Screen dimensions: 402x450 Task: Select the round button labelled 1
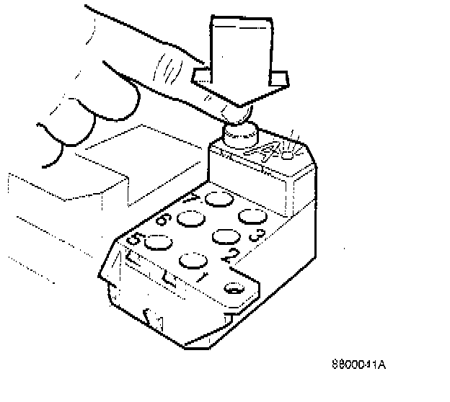[193, 261]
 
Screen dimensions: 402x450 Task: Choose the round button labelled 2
[225, 238]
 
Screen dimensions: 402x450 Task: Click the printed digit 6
[162, 220]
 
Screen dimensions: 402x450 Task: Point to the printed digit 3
[254, 234]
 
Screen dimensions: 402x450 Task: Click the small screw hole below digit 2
[234, 289]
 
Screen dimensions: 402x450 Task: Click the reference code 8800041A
[358, 364]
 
